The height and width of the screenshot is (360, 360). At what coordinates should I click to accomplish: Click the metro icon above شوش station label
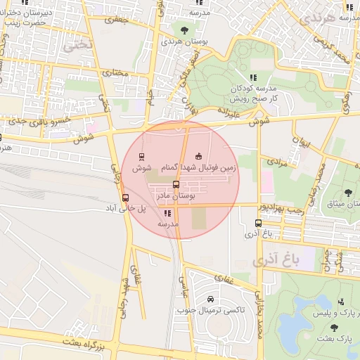point(142,156)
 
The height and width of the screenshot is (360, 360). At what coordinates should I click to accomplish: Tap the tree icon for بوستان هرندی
point(184,30)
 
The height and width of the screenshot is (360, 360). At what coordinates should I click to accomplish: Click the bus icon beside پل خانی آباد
point(125,198)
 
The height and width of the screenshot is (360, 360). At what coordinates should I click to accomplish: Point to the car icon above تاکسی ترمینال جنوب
point(211,298)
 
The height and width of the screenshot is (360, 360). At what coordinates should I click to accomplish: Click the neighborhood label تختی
point(77,46)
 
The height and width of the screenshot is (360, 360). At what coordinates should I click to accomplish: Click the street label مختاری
point(116,72)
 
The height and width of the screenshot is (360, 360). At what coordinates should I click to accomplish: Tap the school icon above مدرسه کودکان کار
point(252,77)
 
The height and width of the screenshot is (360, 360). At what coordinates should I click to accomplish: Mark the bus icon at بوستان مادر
point(176,184)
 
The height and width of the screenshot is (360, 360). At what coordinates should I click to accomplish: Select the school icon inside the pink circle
point(167,212)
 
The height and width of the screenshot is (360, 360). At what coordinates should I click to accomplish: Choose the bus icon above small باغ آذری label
point(259,224)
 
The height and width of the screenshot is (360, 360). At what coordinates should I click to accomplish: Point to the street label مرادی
point(279,162)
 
